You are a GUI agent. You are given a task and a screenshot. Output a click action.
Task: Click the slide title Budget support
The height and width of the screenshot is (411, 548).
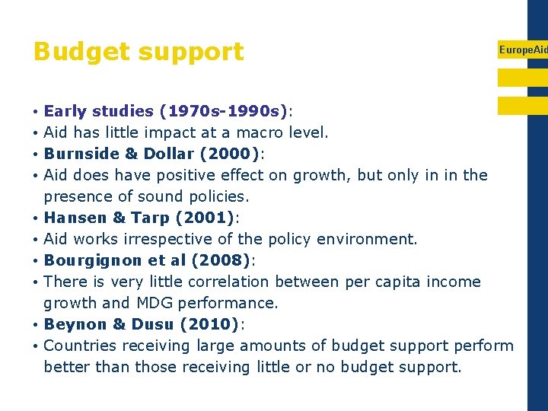coord(139,52)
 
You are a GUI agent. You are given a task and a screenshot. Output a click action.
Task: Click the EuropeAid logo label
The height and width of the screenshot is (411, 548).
coord(523,49)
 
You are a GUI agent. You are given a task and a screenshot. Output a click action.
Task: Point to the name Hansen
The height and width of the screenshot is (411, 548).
coord(75,218)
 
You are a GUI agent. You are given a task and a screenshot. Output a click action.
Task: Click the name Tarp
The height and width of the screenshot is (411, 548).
coord(151,218)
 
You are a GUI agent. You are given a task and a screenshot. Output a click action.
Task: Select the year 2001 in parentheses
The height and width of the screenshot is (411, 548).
coord(205,218)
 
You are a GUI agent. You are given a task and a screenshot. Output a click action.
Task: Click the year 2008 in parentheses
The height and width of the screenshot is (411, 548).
coord(221,260)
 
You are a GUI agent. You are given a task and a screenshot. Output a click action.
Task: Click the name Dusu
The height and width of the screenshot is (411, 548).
coord(152,324)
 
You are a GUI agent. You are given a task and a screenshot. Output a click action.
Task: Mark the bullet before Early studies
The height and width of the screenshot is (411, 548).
coord(37,111)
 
